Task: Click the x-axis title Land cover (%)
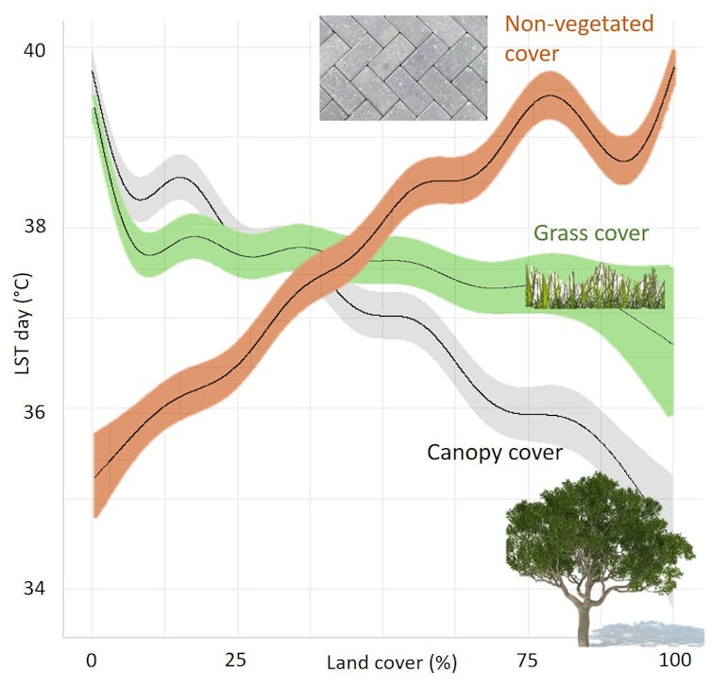[x=391, y=663]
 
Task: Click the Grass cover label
[x=590, y=233]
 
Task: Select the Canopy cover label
[x=494, y=453]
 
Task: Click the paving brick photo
[x=404, y=67]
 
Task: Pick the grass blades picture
[x=595, y=287]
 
